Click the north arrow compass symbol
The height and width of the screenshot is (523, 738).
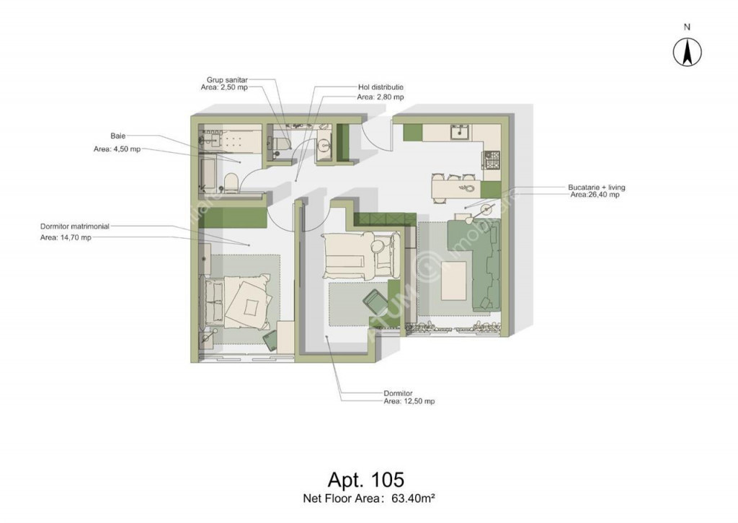point(687,52)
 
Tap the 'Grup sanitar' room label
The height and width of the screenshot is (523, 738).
point(227,80)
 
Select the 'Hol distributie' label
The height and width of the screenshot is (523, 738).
point(381,87)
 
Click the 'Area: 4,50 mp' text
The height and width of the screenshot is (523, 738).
point(117,149)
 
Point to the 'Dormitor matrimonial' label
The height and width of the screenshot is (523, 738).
point(75,227)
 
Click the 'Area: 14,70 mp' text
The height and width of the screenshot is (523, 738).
point(66,237)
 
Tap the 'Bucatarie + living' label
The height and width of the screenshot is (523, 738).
point(596,187)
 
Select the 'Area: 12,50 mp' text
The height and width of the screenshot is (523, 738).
point(409,401)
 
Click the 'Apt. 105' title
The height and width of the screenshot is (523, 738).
point(365,480)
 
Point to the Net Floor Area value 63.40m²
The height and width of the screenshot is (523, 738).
point(413,498)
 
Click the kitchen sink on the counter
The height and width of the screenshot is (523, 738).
point(459,132)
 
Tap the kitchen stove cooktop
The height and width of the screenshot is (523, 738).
point(492,160)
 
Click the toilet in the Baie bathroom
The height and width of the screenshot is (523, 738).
point(231,183)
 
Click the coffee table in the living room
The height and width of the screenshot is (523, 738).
point(454,281)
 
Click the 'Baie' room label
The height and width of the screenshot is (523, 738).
point(118,136)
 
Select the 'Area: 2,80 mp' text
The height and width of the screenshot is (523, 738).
point(381,97)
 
